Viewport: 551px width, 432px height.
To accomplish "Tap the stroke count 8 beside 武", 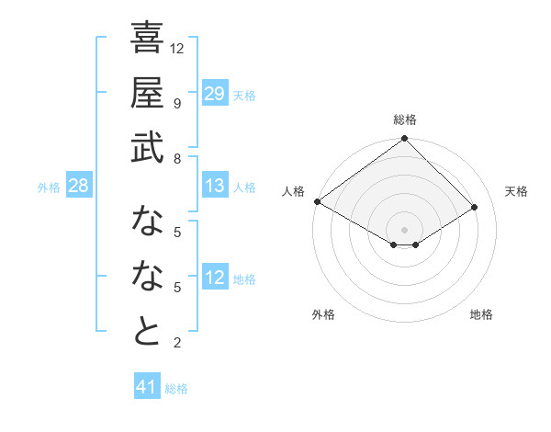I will coord(176,158).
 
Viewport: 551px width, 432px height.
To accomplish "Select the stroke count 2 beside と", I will coord(176,343).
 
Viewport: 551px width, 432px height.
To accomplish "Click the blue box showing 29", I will coord(214,94).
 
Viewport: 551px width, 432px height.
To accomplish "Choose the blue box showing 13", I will coord(214,187).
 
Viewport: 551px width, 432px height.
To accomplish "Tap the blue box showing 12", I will coord(214,279).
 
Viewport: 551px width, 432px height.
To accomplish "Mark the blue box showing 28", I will coord(78,187).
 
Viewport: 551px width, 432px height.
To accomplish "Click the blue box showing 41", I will coord(147,388).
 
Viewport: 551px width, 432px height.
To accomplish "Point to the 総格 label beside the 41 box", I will coord(176,389).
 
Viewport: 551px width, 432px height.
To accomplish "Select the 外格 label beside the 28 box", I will coord(49,188).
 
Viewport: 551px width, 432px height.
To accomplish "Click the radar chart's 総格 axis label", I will coord(405,119).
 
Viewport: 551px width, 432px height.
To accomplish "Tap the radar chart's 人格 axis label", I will coord(293,191).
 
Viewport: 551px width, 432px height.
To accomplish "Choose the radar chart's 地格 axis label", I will coord(481,314).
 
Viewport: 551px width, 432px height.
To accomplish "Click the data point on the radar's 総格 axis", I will coord(405,140).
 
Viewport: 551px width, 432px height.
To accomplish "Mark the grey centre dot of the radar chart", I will coord(405,228).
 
